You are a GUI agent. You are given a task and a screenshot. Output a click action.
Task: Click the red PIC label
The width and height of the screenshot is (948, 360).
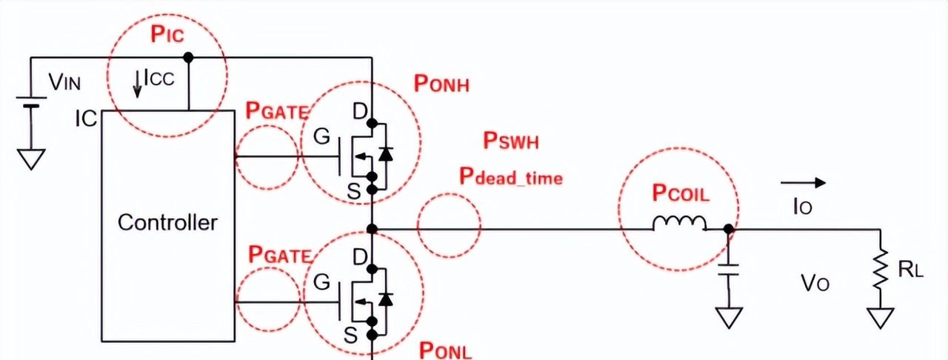[167, 34]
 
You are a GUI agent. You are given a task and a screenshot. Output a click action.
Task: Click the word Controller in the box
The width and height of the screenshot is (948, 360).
[168, 222]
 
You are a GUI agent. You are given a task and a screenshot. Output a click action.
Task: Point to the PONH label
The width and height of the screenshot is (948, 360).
[442, 84]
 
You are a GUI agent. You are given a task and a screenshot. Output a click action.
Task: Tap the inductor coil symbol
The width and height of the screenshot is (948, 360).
[679, 224]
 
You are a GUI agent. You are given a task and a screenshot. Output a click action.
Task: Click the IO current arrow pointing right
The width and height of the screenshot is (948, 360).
[802, 182]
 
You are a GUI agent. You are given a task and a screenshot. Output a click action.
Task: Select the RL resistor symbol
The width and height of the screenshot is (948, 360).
[880, 270]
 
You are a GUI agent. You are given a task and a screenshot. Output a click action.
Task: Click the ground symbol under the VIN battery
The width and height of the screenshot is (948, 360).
[30, 158]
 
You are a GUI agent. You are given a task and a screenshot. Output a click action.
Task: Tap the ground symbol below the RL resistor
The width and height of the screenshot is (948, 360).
[880, 319]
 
